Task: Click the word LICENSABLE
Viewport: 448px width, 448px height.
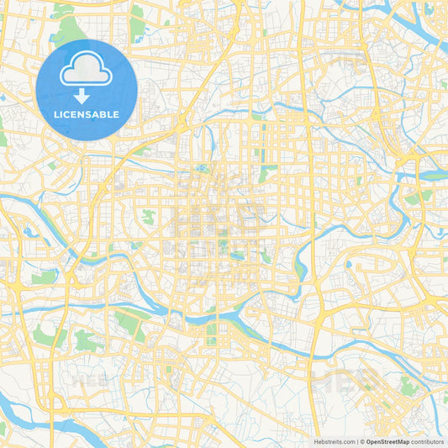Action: coord(87,114)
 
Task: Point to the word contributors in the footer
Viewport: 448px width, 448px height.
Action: coord(427,441)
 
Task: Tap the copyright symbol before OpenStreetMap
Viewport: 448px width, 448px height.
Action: coord(363,441)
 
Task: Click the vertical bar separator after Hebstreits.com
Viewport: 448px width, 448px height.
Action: coord(358,441)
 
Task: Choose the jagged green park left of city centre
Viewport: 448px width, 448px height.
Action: coord(148,217)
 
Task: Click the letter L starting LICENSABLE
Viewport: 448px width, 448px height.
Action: coord(56,114)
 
